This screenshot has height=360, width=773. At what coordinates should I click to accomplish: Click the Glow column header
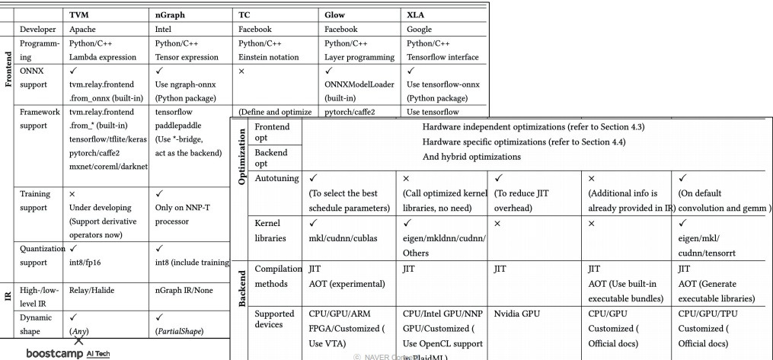click(334, 14)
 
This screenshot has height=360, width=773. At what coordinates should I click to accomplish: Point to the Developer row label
click(38, 29)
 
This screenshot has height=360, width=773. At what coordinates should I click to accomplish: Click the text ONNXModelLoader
click(359, 84)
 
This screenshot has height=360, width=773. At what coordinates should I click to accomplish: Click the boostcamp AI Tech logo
click(68, 353)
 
